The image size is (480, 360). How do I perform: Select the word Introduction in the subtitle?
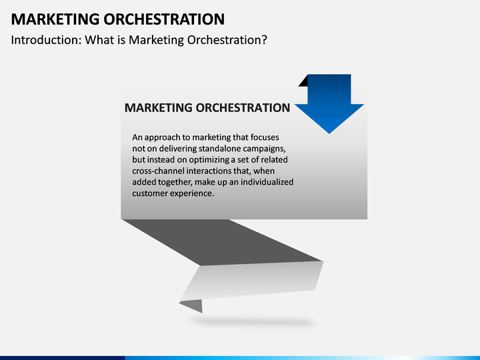(44, 40)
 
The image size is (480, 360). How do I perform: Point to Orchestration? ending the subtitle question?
(227, 40)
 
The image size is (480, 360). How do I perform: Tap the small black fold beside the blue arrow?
(303, 81)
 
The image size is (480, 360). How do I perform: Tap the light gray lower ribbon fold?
(253, 280)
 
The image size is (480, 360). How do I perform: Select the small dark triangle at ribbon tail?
(194, 306)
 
